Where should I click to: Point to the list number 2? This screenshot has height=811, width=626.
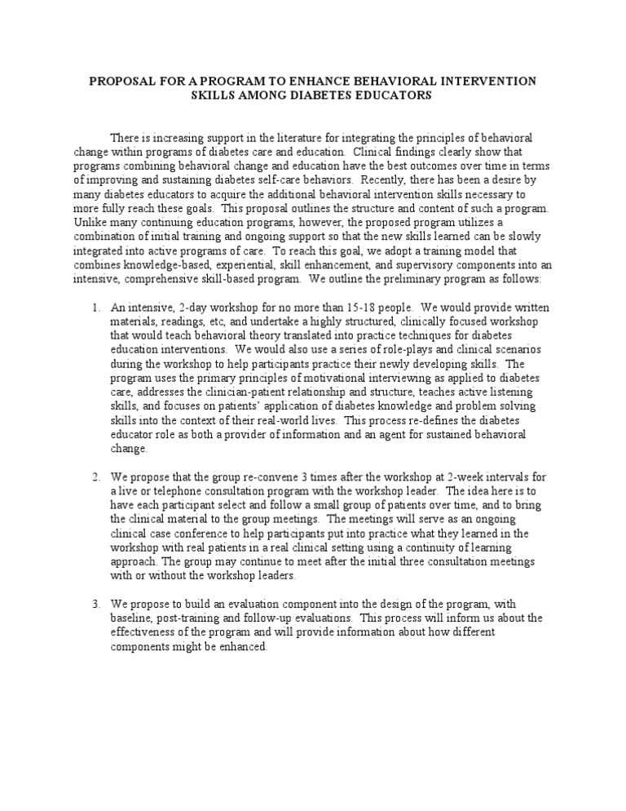(95, 476)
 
